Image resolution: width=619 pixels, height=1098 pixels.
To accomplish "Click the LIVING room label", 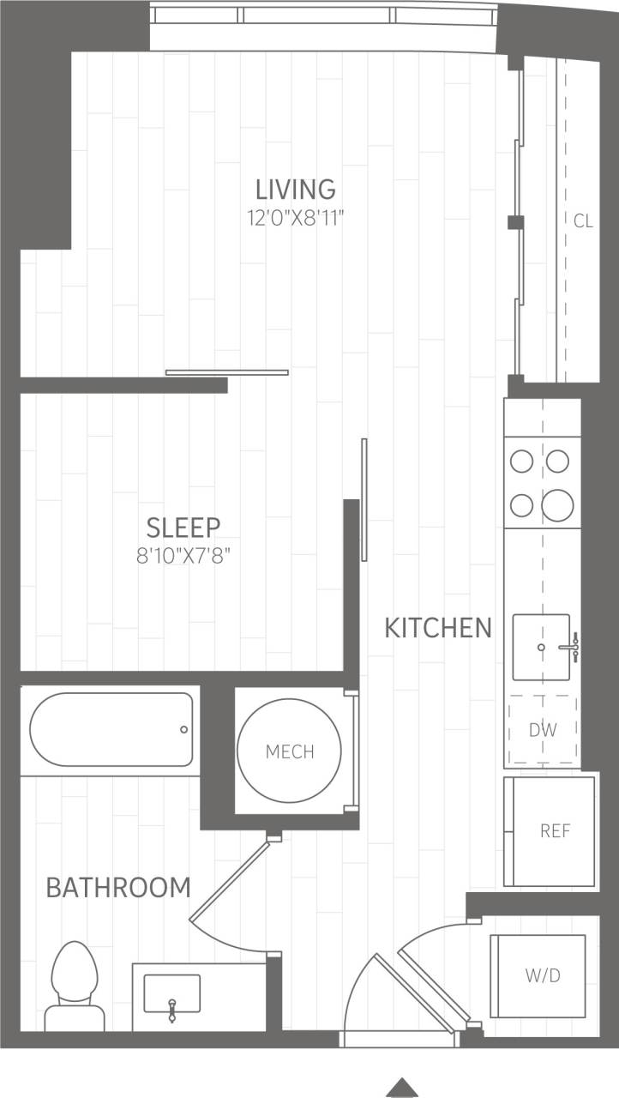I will [x=295, y=188].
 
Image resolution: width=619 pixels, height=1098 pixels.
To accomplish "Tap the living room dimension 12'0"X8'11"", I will [x=296, y=218].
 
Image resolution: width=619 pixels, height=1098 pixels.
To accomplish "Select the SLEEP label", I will [x=183, y=526].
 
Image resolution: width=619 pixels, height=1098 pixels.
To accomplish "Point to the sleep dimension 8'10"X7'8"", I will [x=183, y=556].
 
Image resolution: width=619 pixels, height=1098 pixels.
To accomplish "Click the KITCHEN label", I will [x=437, y=628].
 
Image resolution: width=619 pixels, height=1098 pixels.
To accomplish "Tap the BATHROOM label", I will [x=118, y=887].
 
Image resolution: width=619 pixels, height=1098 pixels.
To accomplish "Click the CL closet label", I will [x=582, y=221].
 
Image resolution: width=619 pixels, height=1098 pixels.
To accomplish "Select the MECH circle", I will [x=290, y=751].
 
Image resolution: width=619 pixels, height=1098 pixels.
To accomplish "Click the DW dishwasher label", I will [x=542, y=731].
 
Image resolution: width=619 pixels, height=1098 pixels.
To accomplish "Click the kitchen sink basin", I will [x=541, y=646].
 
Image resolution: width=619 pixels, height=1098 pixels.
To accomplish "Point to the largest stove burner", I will [x=557, y=505].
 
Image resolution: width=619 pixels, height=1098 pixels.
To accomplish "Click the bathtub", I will [x=111, y=729].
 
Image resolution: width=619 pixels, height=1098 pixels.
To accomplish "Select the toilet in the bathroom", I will [x=75, y=986].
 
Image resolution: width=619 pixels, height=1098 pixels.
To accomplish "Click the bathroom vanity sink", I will [x=171, y=993].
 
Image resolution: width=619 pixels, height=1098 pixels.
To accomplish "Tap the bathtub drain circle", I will [x=183, y=729].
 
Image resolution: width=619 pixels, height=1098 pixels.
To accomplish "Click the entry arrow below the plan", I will [x=402, y=1088].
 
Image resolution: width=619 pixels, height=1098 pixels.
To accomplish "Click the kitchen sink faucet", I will [x=570, y=647].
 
